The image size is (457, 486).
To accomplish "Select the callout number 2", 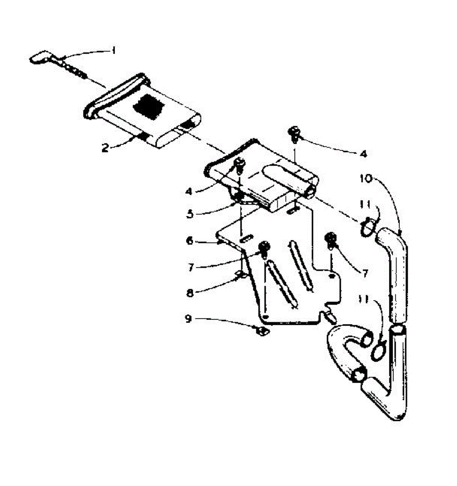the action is (x=105, y=148).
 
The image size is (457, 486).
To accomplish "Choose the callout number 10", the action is (x=366, y=179).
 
